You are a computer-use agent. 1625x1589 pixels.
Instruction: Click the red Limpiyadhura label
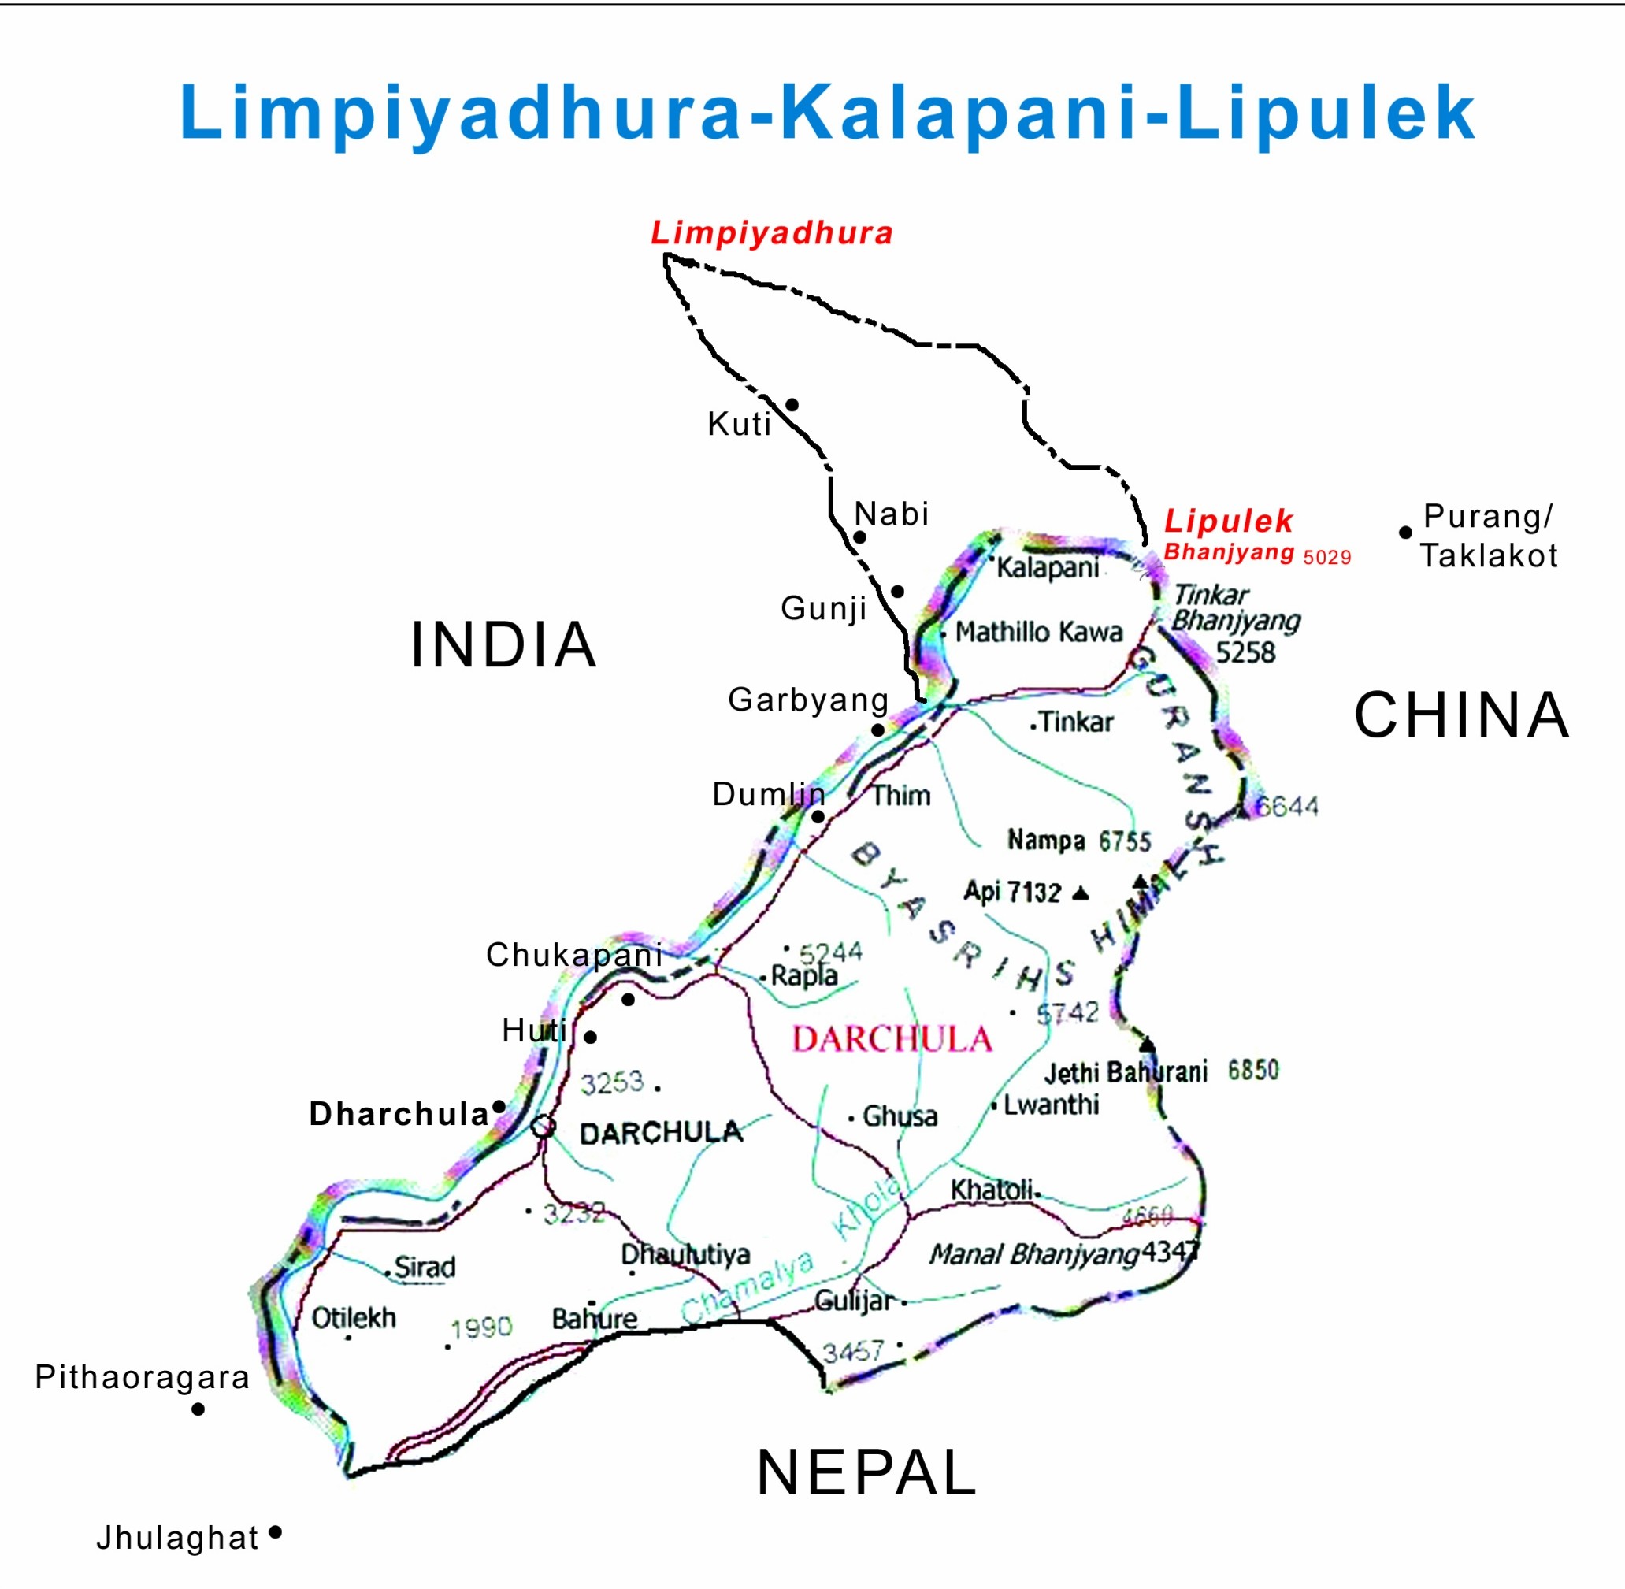pos(771,233)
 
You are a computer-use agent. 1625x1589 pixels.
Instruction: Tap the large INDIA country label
pos(503,645)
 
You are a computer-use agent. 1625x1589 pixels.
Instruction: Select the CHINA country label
pos(1461,715)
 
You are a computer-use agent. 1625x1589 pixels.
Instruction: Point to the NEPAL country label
pos(866,1473)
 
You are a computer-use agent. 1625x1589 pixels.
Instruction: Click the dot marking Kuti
pos(792,405)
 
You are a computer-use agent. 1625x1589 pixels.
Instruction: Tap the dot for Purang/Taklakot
pos(1405,533)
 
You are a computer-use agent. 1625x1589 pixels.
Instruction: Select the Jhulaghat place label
pos(177,1537)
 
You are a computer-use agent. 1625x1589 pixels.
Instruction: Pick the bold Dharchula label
pos(398,1114)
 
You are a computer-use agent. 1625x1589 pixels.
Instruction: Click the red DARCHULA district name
pos(892,1040)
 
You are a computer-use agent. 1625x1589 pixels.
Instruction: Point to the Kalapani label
pos(1048,567)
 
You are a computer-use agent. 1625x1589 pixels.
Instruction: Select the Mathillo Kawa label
pos(1038,632)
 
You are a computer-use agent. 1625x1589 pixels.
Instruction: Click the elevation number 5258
pos(1245,652)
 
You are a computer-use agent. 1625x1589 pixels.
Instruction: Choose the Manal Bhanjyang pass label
pos(1034,1253)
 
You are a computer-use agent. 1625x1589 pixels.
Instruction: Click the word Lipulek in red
pos(1228,521)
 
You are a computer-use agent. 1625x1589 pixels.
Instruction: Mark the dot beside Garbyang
pos(878,730)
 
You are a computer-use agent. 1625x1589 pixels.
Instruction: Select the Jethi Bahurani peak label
pos(1125,1071)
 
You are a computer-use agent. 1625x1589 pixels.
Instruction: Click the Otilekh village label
pos(354,1318)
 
